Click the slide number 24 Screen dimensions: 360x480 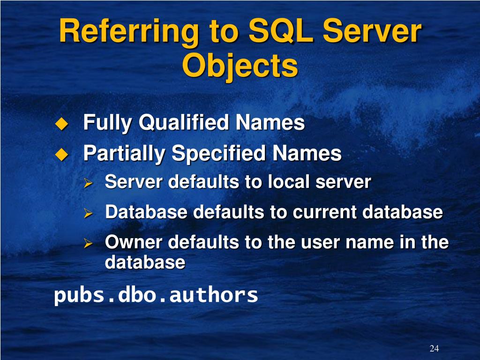click(434, 348)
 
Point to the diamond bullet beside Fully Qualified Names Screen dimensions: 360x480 click(61, 124)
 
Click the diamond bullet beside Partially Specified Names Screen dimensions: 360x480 click(61, 154)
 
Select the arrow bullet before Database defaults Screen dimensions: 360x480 click(87, 213)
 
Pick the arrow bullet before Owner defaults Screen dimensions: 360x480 click(87, 243)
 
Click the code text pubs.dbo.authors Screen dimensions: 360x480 click(156, 295)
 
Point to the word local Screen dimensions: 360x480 click(286, 182)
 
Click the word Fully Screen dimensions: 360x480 click(107, 124)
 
